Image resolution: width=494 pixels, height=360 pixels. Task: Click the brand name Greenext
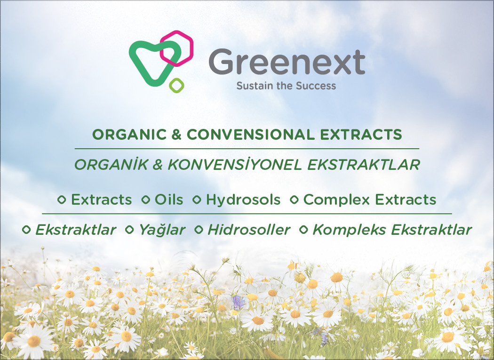(x=287, y=62)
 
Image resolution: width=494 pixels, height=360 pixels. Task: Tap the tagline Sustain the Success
(x=286, y=86)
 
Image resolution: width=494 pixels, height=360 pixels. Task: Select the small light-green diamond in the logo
(x=176, y=86)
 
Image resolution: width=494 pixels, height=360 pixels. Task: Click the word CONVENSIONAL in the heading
(x=250, y=135)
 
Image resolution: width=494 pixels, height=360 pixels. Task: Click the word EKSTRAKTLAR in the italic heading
(x=364, y=165)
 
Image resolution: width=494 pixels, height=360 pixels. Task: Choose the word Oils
(x=169, y=200)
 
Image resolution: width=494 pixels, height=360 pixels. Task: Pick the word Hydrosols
(x=243, y=200)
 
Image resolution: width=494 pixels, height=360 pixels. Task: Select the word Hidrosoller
(x=249, y=230)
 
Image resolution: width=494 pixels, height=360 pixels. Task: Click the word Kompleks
(x=349, y=230)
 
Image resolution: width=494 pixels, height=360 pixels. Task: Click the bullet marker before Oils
(x=145, y=200)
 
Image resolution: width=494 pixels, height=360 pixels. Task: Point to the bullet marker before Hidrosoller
(x=199, y=230)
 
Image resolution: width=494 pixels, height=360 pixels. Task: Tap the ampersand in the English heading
(x=176, y=135)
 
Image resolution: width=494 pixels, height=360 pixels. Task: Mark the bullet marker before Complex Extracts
(x=294, y=200)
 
